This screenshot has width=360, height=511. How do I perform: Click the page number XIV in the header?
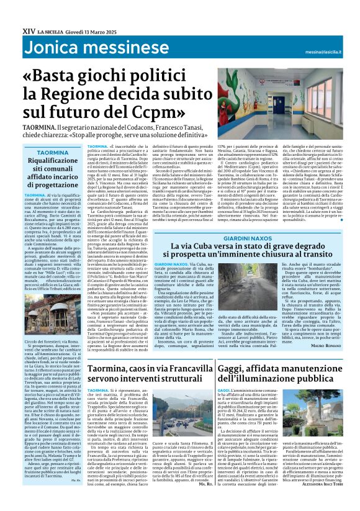28,30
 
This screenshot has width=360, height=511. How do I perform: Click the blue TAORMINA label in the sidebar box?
52,152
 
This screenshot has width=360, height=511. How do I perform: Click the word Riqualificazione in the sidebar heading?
52,161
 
